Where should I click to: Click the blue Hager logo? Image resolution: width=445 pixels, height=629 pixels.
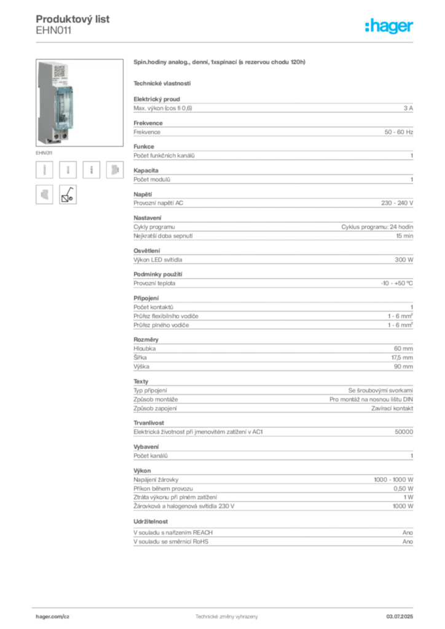(390, 26)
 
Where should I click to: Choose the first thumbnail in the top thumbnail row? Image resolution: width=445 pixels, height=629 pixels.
(44, 170)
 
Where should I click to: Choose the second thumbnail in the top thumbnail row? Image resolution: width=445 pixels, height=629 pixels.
(69, 170)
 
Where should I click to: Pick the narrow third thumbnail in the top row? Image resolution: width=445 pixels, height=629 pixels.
(91, 170)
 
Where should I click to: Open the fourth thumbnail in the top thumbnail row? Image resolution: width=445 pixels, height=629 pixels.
(114, 170)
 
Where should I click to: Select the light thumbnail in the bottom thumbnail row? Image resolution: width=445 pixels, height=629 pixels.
(44, 193)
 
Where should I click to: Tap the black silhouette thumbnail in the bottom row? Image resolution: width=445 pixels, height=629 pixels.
(68, 194)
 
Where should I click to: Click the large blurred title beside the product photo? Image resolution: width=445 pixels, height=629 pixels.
(220, 63)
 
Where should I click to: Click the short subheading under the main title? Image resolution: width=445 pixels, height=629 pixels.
(162, 83)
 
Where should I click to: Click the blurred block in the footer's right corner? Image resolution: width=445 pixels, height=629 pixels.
(400, 614)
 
